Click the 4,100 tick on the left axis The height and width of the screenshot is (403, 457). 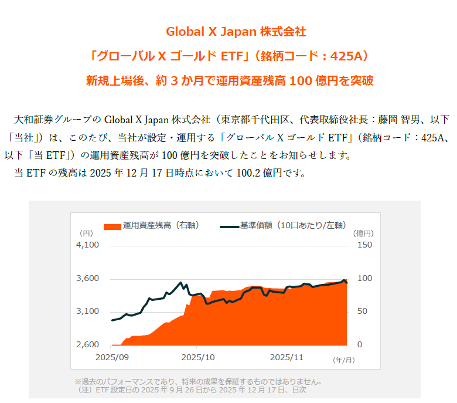point(88,245)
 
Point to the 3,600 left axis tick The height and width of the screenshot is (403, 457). point(88,278)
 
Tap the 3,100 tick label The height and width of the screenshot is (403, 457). point(88,311)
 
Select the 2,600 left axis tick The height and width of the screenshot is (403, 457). point(88,344)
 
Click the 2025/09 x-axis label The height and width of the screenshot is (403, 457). point(112,357)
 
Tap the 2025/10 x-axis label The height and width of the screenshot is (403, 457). point(198,357)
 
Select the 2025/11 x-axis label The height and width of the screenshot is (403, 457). point(287,357)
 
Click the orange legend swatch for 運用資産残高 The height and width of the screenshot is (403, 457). point(112,225)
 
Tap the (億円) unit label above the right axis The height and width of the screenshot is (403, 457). point(364,233)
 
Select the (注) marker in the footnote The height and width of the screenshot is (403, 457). point(84,389)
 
